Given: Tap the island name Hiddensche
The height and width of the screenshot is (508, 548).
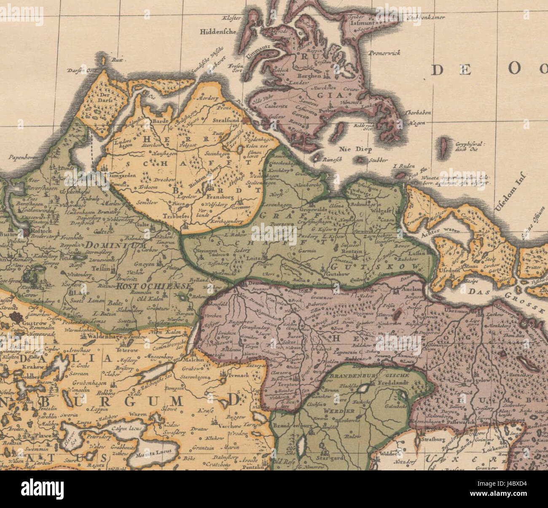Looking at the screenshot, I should [x=219, y=31].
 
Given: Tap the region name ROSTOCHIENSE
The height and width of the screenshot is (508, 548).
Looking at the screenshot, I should [x=154, y=286].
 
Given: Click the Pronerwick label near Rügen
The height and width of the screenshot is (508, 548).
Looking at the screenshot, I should [x=384, y=53].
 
